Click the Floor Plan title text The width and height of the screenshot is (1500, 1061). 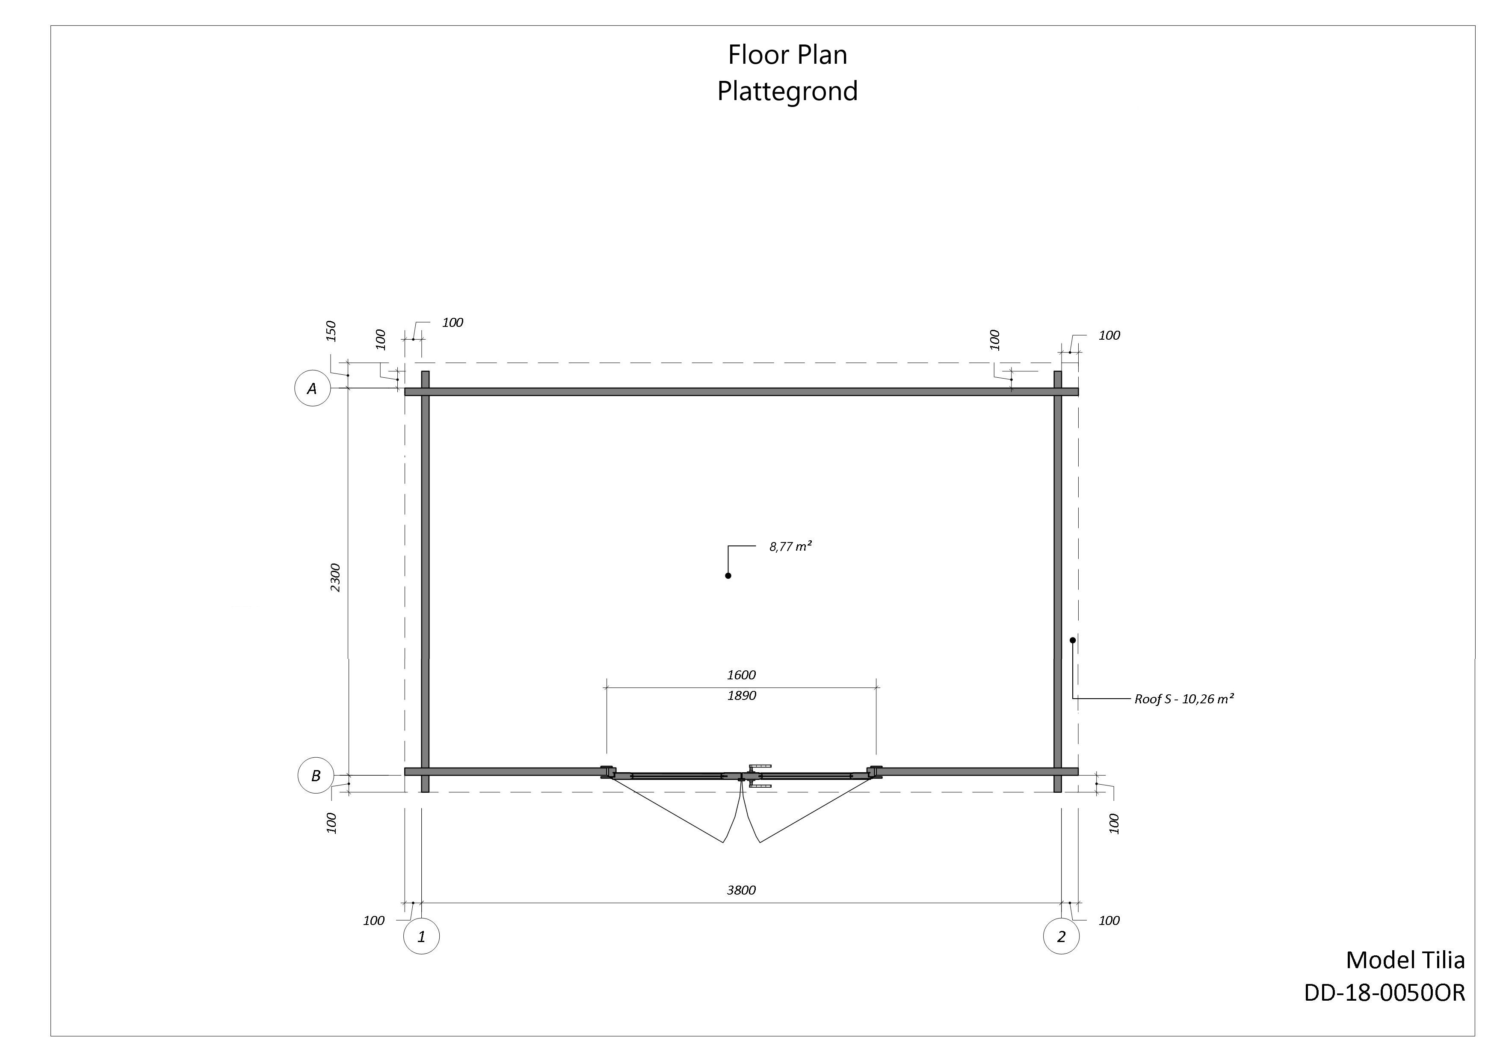[x=787, y=55]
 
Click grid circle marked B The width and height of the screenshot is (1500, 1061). [x=316, y=776]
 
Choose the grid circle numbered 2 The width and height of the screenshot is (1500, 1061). [x=1061, y=936]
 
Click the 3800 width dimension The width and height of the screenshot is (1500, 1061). [x=742, y=890]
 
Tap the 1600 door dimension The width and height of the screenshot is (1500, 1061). [x=742, y=674]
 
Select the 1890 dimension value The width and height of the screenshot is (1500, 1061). [x=742, y=696]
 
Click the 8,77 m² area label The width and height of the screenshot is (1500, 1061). [x=790, y=546]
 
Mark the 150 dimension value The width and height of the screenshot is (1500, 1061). [x=331, y=331]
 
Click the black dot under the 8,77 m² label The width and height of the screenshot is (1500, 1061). [x=728, y=575]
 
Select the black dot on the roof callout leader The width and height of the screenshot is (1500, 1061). [x=1072, y=640]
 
